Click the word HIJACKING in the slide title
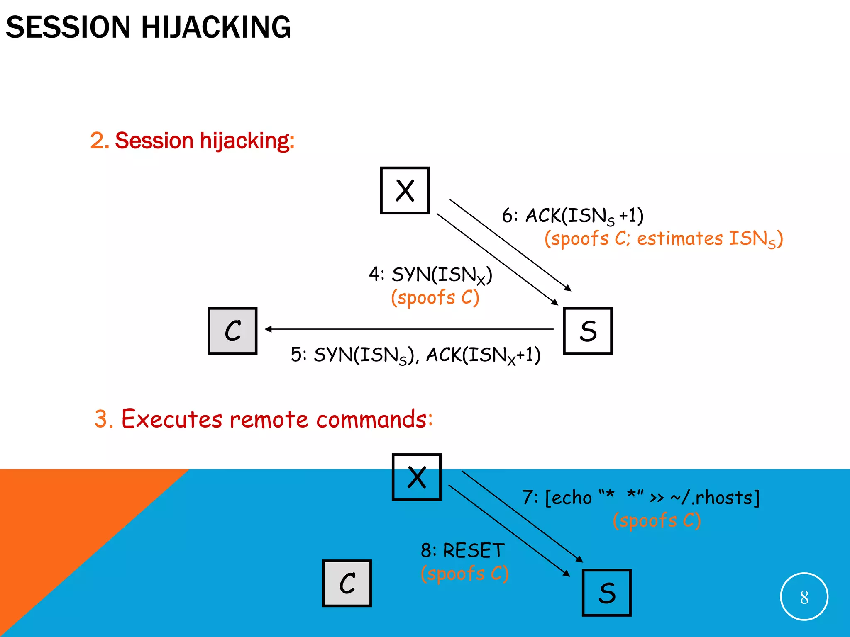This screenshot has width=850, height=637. click(216, 27)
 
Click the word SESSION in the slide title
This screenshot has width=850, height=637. click(68, 27)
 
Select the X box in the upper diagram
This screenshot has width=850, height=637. click(405, 190)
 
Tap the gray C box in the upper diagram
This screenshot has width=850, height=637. click(232, 331)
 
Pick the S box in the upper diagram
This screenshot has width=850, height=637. click(588, 331)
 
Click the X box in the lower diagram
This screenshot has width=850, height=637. click(416, 477)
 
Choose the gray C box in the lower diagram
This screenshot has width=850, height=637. click(347, 583)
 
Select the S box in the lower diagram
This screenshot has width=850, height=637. click(606, 593)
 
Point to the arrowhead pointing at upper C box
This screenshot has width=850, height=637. click(268, 329)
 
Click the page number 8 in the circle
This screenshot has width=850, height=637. click(804, 597)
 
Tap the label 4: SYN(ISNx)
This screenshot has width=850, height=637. click(430, 275)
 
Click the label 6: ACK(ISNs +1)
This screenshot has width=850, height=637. click(572, 216)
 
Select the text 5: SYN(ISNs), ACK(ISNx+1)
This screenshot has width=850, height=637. click(415, 355)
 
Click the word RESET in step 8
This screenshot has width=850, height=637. click(474, 551)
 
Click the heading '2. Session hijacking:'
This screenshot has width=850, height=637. click(192, 140)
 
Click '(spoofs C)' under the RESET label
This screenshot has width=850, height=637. click(464, 574)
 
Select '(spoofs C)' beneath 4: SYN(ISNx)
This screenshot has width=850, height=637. click(435, 297)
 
